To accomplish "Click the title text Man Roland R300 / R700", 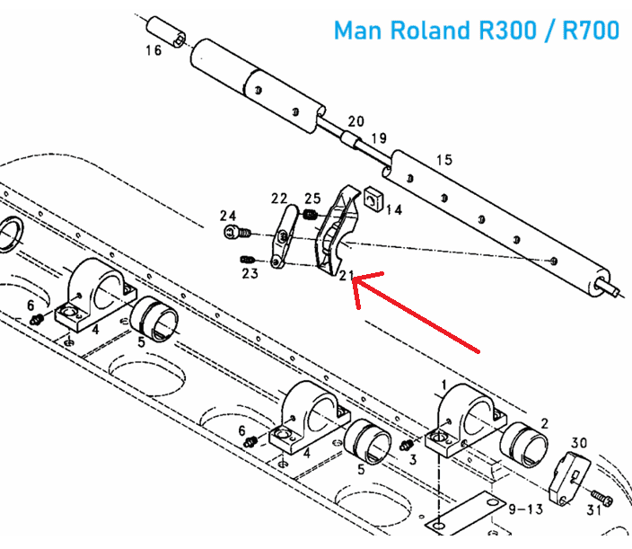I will click(476, 30).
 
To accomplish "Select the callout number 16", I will click(154, 50).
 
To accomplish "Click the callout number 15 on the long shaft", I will click(443, 160).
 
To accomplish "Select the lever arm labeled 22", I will click(284, 236).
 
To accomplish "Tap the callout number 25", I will click(312, 199).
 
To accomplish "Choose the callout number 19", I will click(378, 138).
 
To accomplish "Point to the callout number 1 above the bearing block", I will click(443, 384).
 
